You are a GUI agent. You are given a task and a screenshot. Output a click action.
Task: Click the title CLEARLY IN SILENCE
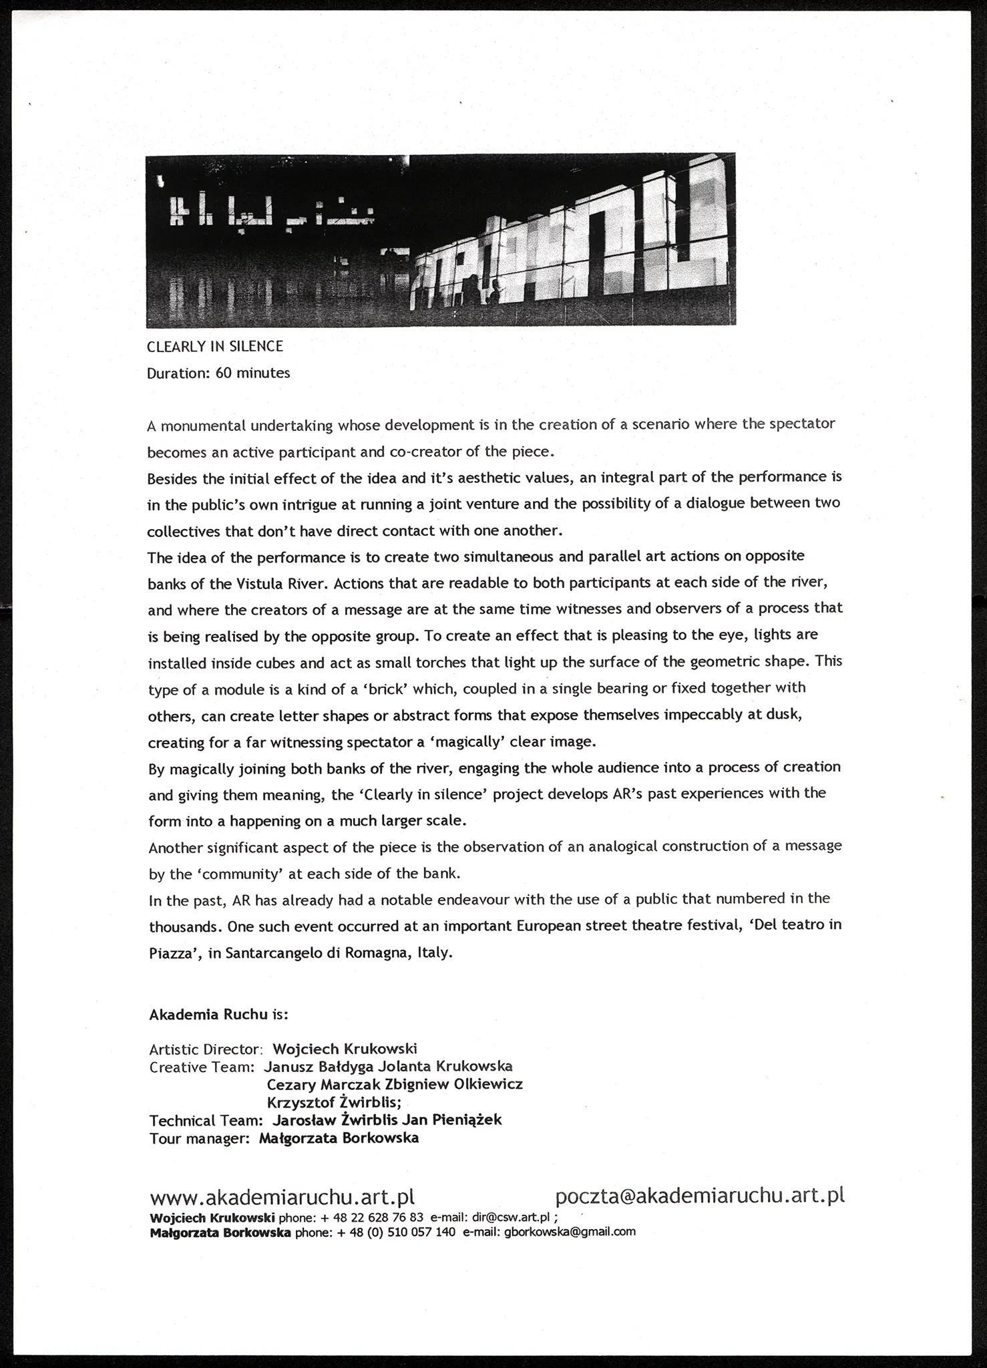(215, 347)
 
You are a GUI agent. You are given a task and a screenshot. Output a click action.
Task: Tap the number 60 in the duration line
(224, 373)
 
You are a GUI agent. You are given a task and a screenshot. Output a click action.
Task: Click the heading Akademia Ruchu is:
(218, 1015)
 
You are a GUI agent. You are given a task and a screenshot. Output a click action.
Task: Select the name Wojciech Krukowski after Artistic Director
(345, 1049)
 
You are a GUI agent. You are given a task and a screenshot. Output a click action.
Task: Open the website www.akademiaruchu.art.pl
(282, 1196)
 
